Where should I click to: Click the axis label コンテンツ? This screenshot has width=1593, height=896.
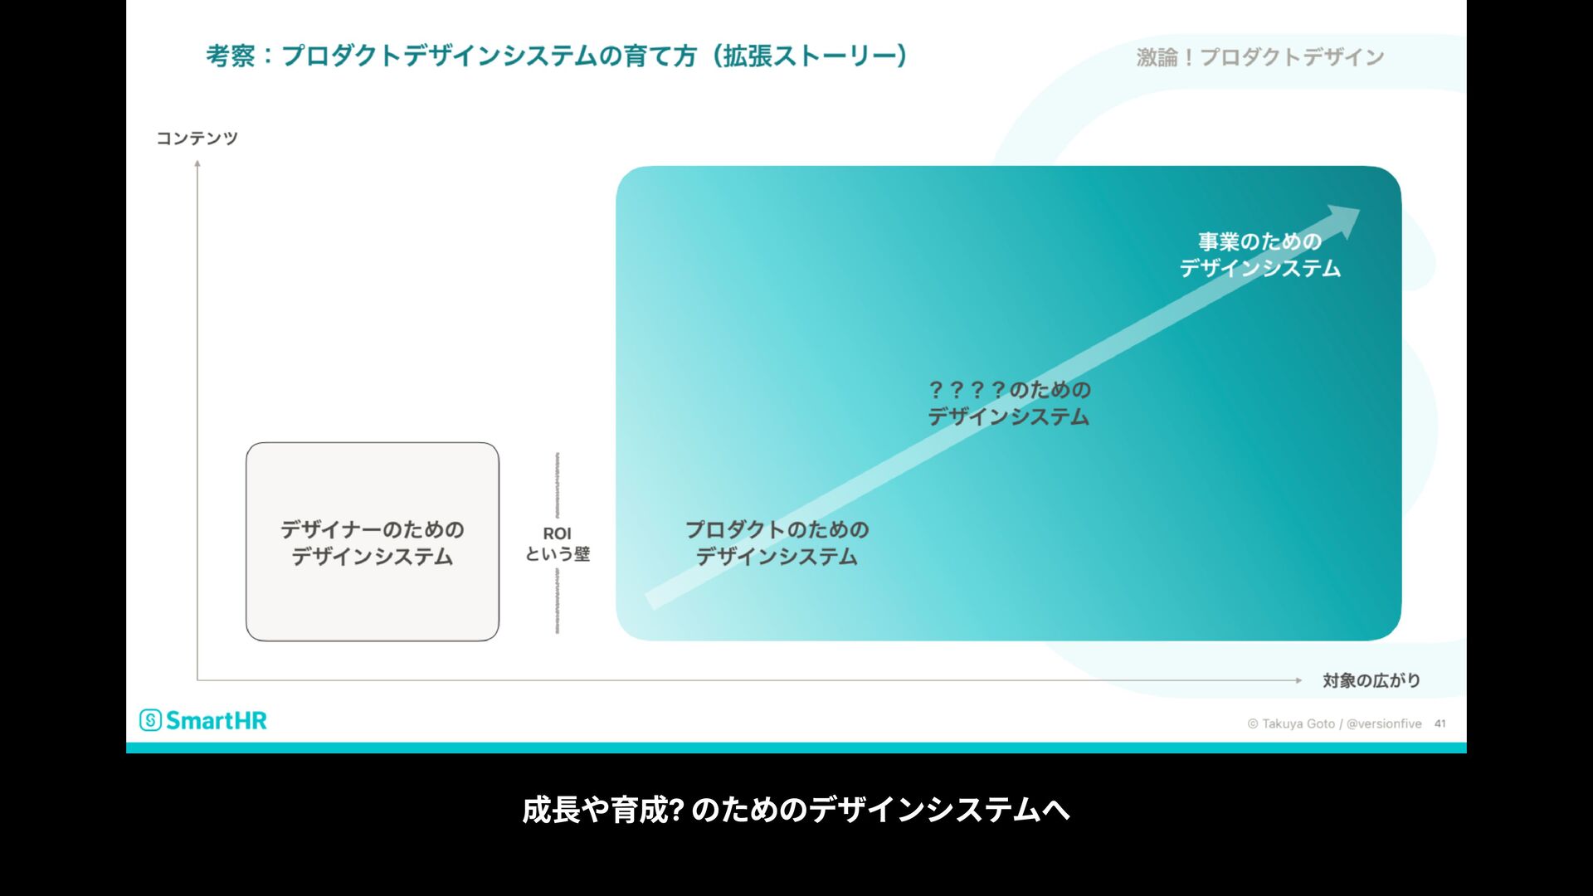(197, 139)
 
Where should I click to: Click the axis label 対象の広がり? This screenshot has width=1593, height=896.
(1371, 681)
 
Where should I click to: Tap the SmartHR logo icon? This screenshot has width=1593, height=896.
(150, 720)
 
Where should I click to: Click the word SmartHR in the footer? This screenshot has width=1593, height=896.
(217, 720)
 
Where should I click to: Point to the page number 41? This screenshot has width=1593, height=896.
(1440, 723)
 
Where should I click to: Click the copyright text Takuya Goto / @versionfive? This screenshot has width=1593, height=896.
(1335, 723)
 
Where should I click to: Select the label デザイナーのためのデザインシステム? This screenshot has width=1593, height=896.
(373, 543)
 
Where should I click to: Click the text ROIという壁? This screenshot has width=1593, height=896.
(558, 544)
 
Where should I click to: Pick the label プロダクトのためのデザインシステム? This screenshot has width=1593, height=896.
(777, 543)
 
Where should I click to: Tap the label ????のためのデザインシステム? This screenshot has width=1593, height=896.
(1009, 403)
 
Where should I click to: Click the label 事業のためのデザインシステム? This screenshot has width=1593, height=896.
(1259, 255)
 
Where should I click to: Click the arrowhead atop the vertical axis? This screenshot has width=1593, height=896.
(197, 163)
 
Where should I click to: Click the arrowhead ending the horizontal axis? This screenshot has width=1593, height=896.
(1298, 680)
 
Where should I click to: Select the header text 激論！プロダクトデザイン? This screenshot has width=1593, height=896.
(1259, 57)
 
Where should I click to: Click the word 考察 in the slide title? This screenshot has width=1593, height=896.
(231, 56)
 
